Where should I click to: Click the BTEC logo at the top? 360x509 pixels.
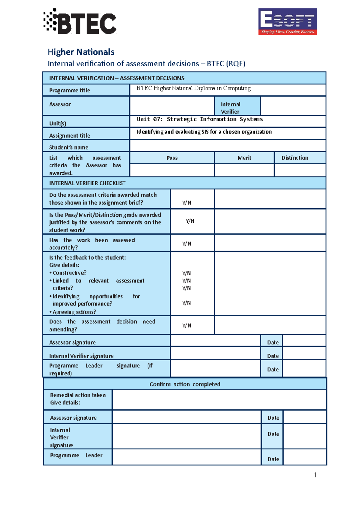tap(80, 22)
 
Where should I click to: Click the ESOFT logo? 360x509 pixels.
tap(287, 22)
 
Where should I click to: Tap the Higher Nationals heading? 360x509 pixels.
tap(81, 52)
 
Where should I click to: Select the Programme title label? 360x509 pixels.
tap(70, 90)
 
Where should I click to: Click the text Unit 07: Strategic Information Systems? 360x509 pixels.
tap(200, 119)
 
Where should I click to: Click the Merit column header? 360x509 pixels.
tap(244, 158)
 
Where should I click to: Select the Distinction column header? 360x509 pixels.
tap(295, 158)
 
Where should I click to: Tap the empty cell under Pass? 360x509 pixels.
tap(172, 170)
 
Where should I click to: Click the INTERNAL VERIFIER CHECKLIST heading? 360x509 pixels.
tap(87, 183)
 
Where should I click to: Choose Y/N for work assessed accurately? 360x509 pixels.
tap(187, 244)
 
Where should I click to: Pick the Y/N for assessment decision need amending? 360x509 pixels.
tap(187, 326)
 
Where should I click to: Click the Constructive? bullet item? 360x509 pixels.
tap(69, 273)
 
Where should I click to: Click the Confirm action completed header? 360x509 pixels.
tap(185, 384)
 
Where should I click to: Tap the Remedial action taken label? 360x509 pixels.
tap(78, 395)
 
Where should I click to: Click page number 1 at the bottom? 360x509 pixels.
tap(315, 475)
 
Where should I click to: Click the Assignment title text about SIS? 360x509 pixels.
tap(204, 132)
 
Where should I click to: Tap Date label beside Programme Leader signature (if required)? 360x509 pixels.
tap(273, 370)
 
